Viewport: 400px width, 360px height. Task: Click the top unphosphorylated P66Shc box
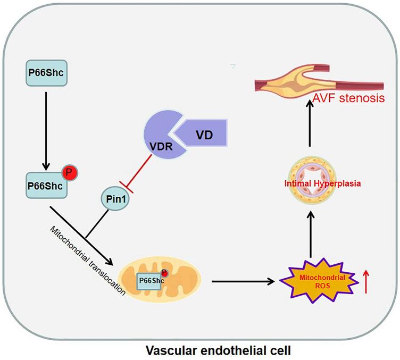point(47,73)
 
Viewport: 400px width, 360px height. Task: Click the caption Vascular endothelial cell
point(199,350)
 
